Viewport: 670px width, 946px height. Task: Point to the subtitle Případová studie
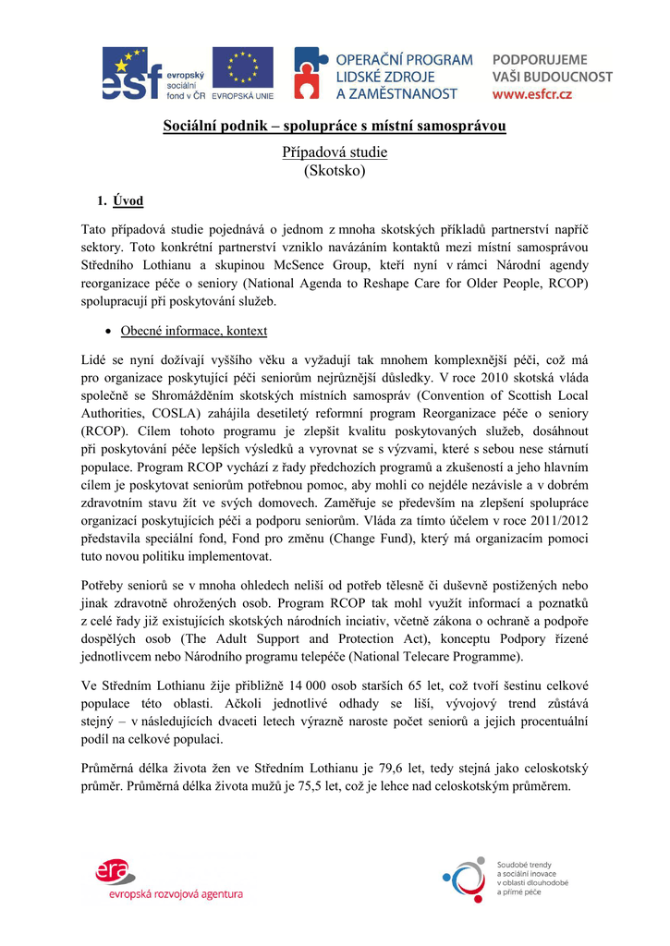click(x=335, y=152)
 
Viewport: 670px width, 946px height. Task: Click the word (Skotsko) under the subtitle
click(x=335, y=171)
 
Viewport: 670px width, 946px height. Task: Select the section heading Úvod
click(x=128, y=200)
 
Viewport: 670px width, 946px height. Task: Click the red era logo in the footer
click(x=115, y=871)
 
